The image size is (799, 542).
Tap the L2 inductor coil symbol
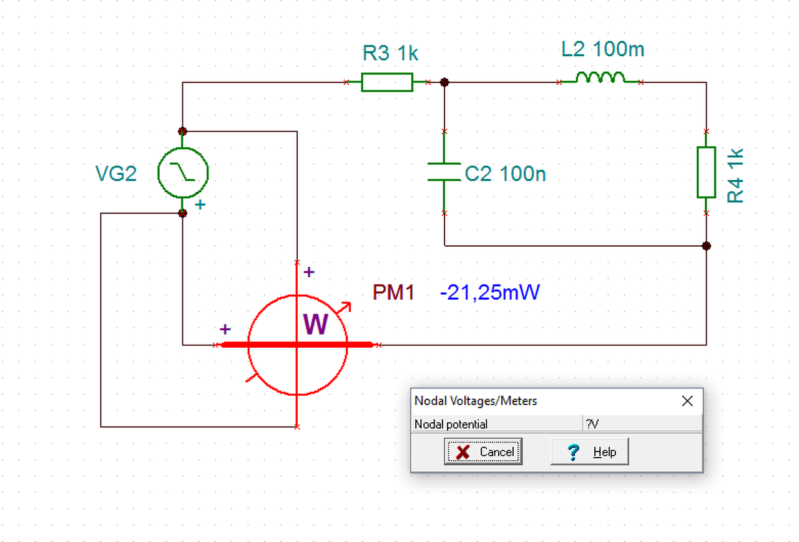pos(600,77)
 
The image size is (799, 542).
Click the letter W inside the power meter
pos(315,324)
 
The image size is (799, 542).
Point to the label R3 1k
pos(390,53)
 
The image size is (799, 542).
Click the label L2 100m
pos(603,49)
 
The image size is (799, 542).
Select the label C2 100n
pos(505,174)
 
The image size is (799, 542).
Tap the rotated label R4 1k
pos(735,175)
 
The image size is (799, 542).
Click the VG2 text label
pos(116,174)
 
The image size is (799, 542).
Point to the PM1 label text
pos(393,293)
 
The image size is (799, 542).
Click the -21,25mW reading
pos(490,293)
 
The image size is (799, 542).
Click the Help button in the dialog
pos(590,451)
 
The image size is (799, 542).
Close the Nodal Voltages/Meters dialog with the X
pos(687,401)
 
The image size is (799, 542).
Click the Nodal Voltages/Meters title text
pos(476,401)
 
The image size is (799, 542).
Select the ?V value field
pos(642,424)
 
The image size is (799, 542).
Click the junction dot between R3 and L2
pos(444,82)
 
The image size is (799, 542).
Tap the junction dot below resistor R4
pos(706,246)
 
